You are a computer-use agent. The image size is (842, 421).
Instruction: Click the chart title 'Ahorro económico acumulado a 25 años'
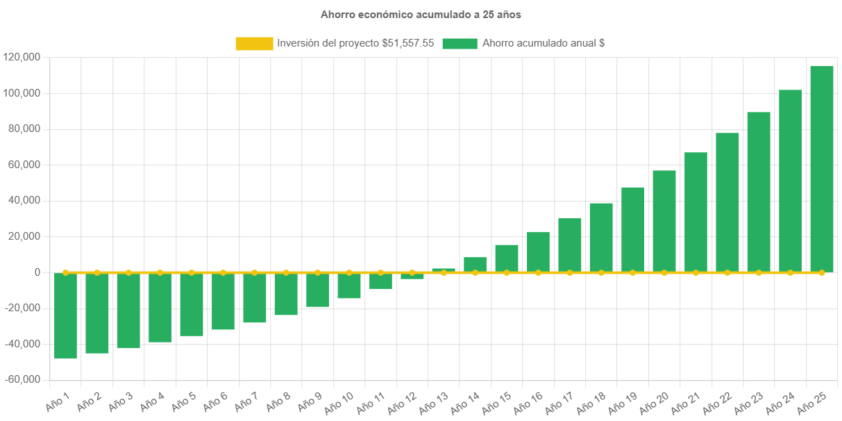pos(421,14)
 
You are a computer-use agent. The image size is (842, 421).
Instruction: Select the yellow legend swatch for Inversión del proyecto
pos(254,43)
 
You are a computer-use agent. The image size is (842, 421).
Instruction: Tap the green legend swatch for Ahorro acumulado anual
pos(460,43)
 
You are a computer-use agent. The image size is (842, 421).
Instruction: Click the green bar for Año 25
pos(821,169)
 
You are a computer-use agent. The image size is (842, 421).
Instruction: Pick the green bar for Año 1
pos(65,315)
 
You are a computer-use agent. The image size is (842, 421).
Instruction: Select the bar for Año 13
pos(444,270)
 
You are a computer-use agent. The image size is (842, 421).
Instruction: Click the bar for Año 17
pos(569,245)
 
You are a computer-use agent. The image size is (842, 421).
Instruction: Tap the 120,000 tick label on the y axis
pos(22,57)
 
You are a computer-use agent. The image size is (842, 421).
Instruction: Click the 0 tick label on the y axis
pos(37,272)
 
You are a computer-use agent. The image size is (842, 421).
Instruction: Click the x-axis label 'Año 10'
pos(339,402)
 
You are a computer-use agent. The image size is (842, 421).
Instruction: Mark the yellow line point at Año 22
pos(727,272)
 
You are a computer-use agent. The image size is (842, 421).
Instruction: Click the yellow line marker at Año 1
pos(65,272)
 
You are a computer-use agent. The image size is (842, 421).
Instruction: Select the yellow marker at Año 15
pos(507,272)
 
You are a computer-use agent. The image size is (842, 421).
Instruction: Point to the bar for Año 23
pos(758,192)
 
